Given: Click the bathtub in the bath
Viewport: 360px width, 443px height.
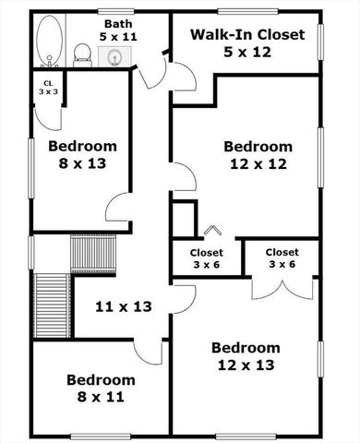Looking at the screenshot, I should (49, 42).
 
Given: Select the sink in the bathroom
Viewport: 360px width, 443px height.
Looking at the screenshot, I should (115, 57).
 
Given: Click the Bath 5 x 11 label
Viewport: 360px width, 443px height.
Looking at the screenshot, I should (117, 30).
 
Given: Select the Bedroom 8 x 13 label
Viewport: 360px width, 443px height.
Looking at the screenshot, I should (82, 154).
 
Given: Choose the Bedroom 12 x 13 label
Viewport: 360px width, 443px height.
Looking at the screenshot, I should (245, 356).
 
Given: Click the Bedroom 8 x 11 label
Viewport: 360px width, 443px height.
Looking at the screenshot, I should (101, 388).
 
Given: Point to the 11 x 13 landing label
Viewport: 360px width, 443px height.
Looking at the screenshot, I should (126, 305).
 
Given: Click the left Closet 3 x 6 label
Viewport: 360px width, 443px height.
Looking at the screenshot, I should (206, 257).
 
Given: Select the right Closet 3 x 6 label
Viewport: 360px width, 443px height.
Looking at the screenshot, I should (282, 257).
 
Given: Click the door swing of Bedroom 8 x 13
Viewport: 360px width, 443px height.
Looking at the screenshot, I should (118, 210).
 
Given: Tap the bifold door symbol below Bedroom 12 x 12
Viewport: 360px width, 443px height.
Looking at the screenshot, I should (212, 231).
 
